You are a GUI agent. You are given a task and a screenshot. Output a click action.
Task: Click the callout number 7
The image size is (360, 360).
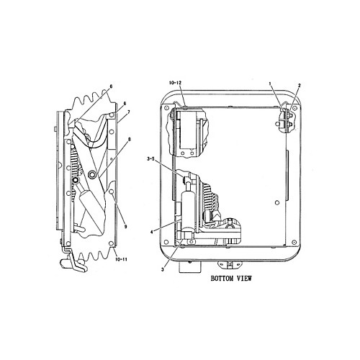pos(129,112)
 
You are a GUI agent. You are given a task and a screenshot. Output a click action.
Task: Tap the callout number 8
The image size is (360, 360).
pos(130,139)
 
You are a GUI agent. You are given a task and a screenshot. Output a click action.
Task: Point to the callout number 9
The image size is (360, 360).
pos(125,226)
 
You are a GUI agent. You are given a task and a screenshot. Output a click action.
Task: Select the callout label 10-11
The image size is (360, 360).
pos(122,259)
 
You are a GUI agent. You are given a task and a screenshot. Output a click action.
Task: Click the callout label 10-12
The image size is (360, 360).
pos(175,83)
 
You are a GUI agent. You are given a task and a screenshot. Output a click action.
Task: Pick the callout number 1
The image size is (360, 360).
pos(270,84)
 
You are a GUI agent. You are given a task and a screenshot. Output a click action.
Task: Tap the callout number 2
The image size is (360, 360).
pos(300,85)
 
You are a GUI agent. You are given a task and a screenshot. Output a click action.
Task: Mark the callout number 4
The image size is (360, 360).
pos(151,232)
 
